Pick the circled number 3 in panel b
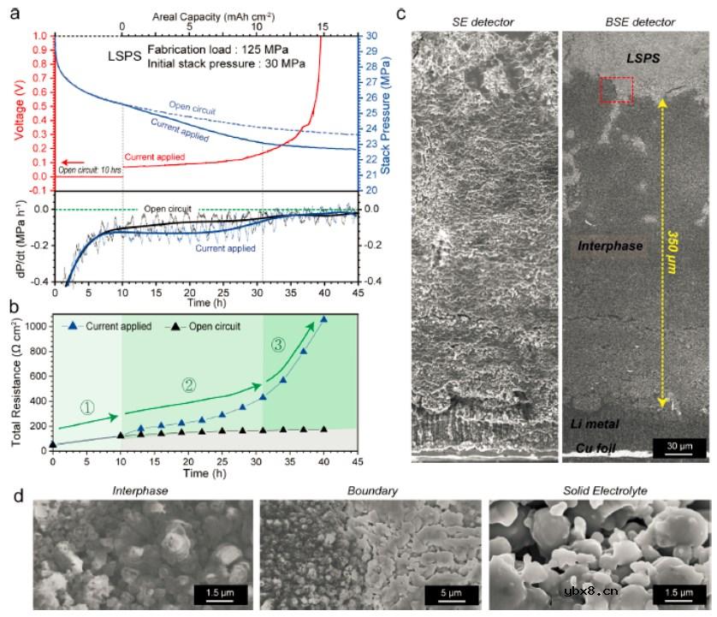point(276,346)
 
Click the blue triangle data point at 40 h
point(323,319)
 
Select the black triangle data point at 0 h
point(53,443)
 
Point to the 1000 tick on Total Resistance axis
point(37,326)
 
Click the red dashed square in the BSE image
point(616,90)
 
